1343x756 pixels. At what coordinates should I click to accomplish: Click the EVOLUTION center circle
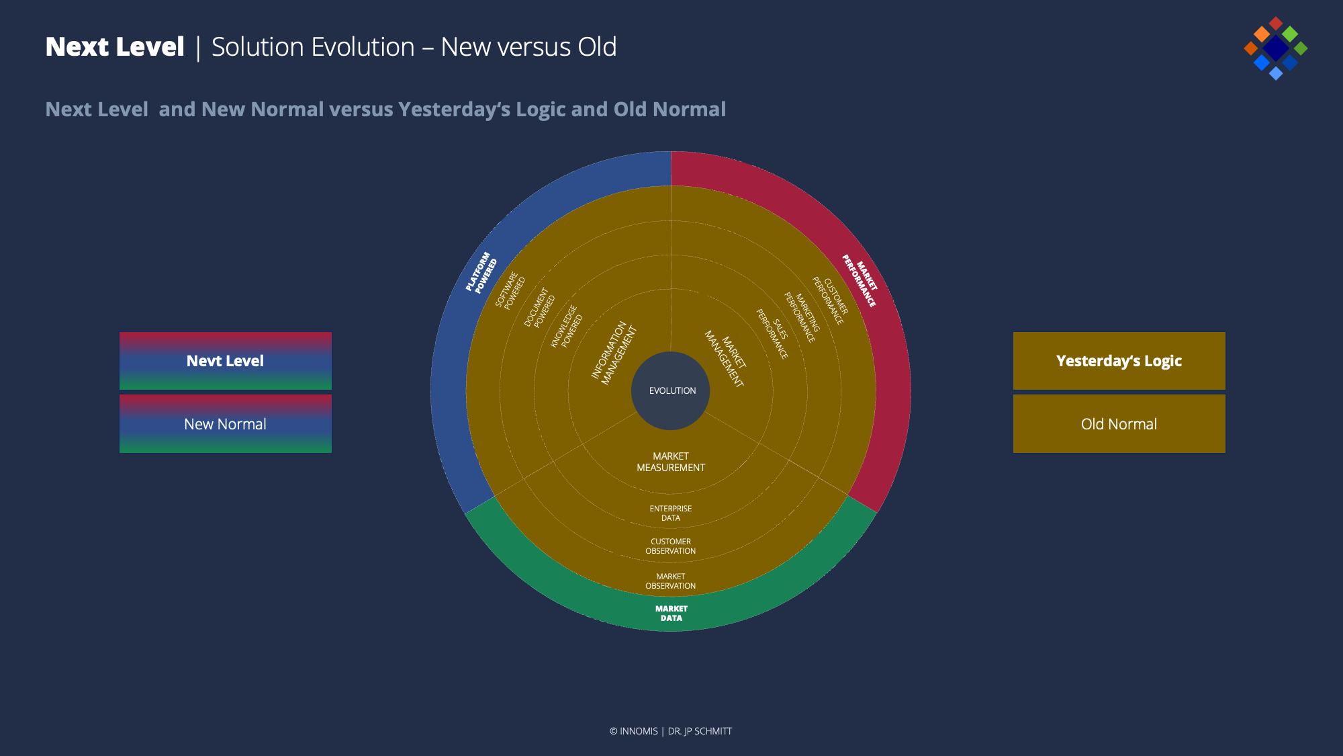671,390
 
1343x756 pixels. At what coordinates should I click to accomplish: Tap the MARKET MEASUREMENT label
671,462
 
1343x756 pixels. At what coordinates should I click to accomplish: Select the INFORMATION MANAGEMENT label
614,353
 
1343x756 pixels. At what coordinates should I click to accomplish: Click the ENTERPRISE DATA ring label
671,513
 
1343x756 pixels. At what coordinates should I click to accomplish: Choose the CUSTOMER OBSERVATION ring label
671,546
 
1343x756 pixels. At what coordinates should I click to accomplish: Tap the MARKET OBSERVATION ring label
671,581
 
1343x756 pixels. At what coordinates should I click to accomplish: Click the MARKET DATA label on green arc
671,614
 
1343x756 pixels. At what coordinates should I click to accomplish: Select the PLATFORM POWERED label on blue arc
481,273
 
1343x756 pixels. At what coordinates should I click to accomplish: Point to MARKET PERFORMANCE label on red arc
860,280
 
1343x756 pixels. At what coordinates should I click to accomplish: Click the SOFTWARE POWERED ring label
510,290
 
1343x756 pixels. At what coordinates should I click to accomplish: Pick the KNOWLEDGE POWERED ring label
566,326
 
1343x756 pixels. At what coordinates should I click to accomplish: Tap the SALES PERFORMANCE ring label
772,333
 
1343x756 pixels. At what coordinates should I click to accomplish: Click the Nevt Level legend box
226,361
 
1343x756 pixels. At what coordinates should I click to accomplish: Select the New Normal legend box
226,424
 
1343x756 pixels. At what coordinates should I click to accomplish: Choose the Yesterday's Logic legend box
1119,361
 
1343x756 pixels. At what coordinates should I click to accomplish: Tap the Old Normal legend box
1119,424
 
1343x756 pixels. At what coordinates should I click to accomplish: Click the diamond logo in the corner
1276,48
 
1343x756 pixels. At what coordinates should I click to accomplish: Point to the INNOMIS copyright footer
671,731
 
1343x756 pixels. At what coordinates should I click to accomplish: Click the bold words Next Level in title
115,47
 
